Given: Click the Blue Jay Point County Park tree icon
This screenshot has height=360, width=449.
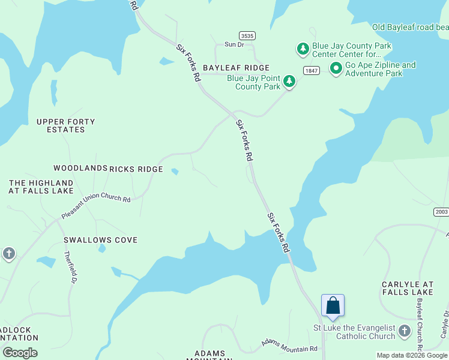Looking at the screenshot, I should (289, 81).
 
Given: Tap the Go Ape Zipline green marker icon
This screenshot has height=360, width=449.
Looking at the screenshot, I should (336, 70).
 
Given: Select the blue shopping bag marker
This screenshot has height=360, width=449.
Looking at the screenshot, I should (333, 306).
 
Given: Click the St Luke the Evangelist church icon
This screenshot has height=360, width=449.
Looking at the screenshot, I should (405, 331).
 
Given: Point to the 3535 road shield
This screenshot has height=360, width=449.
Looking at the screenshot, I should (246, 35).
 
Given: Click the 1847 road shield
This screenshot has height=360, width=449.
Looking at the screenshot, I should (310, 70).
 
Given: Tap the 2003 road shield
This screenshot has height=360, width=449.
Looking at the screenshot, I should (441, 212).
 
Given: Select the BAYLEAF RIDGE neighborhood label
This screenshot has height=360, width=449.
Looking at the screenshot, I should (236, 68).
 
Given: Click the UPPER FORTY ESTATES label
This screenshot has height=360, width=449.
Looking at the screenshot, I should (65, 125).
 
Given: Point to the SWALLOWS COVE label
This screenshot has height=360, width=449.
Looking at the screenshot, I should (100, 240).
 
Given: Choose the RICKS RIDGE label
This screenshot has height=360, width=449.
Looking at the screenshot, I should (136, 169).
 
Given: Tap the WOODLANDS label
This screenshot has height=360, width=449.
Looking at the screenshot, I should (80, 169).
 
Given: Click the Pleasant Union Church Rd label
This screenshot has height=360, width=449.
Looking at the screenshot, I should (95, 206).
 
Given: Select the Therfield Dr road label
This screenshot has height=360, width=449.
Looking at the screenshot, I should (70, 267).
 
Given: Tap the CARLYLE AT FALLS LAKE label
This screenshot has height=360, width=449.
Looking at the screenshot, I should (408, 288).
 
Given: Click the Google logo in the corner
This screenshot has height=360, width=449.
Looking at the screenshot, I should (20, 353).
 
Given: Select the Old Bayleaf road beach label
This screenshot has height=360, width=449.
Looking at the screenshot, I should (410, 27).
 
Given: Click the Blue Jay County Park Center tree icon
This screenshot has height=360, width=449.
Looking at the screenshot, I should (303, 47).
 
